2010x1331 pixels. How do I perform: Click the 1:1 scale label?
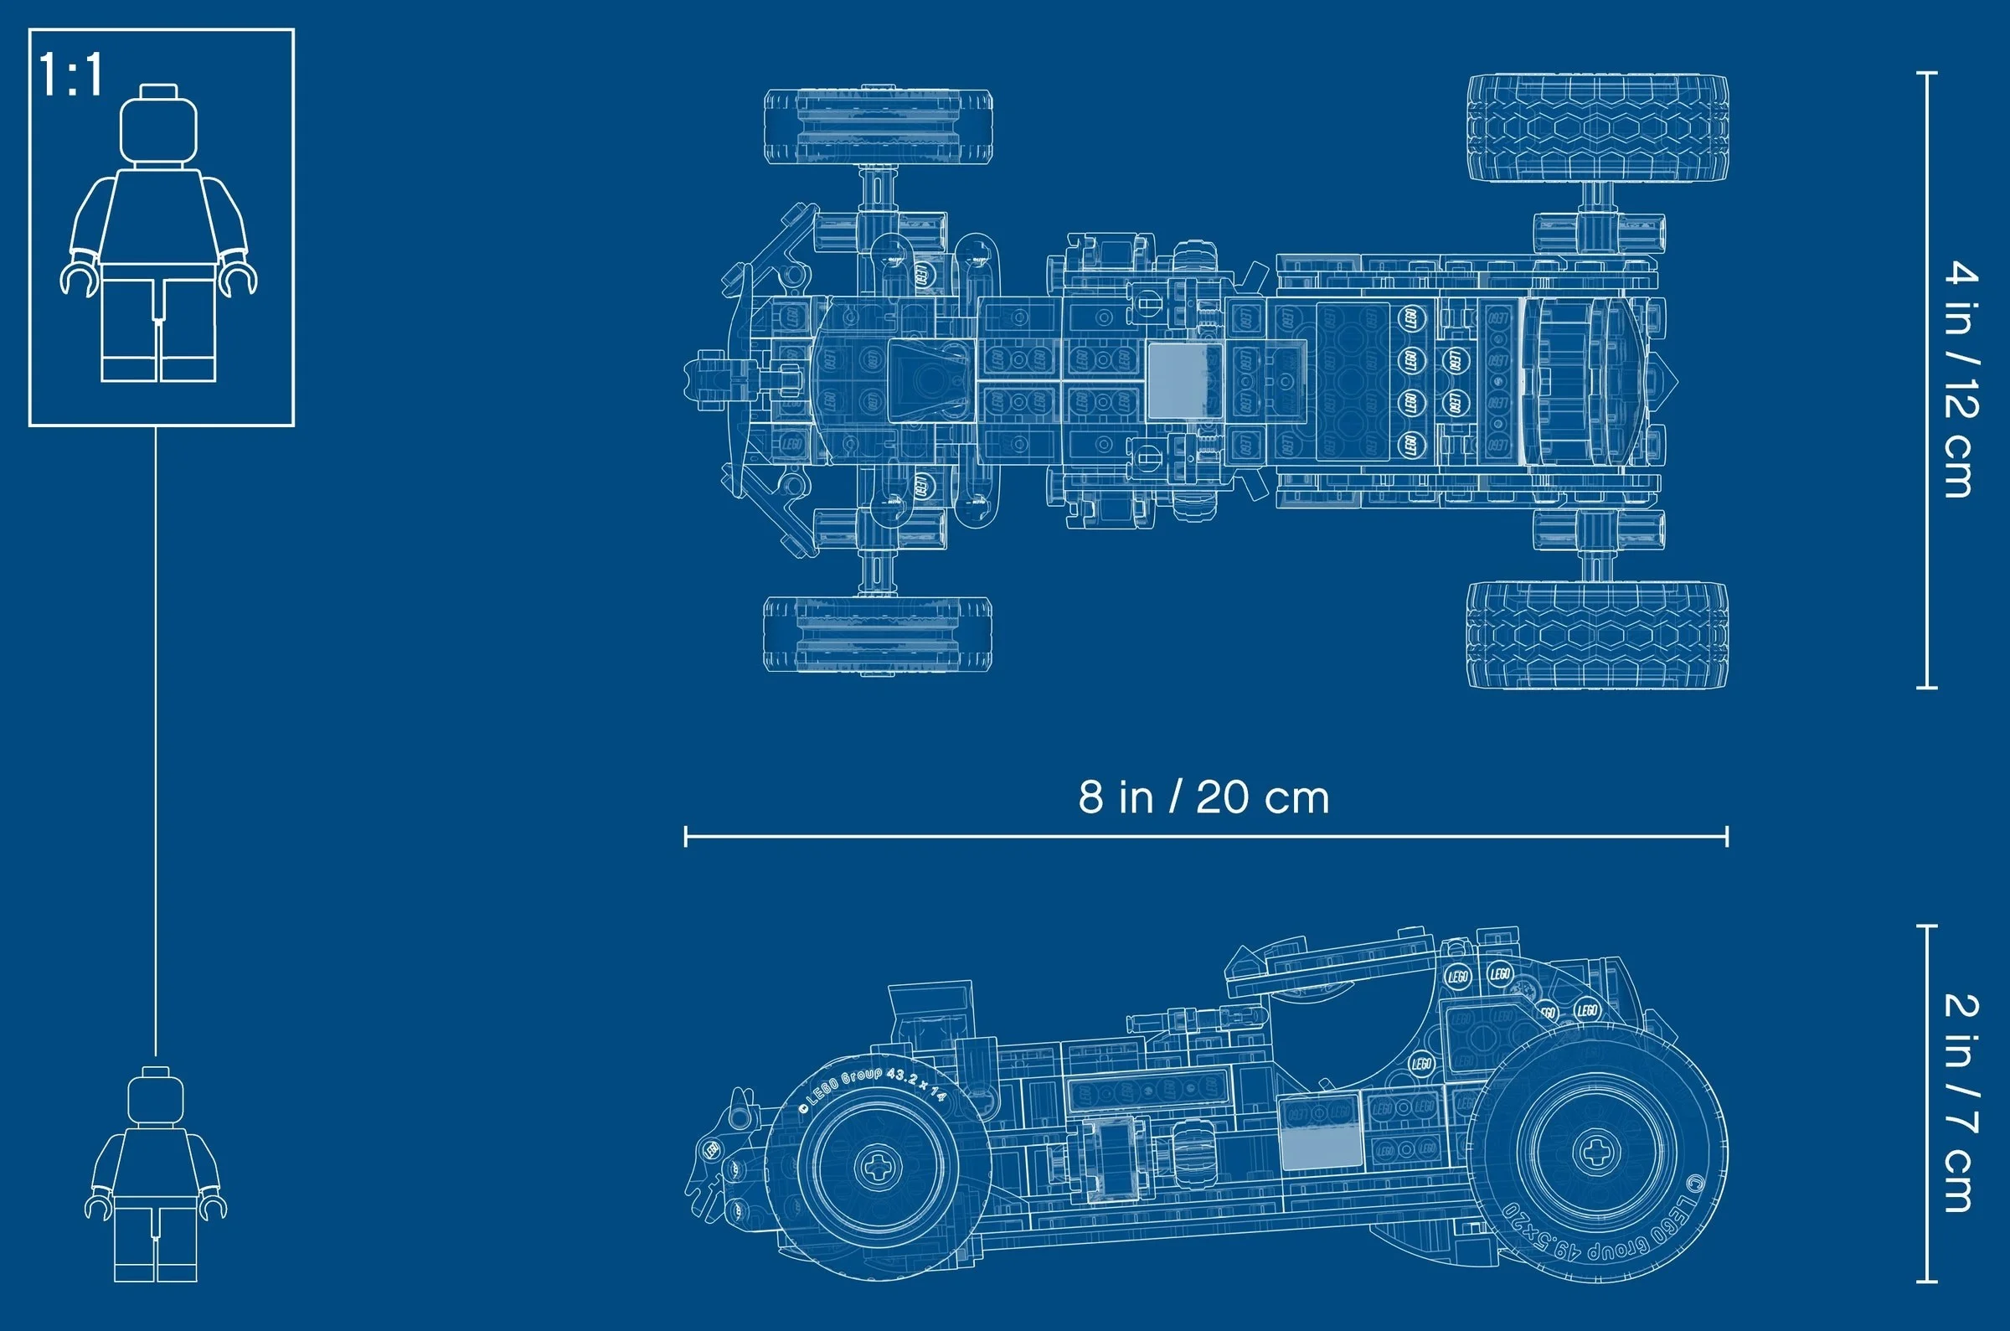[71, 75]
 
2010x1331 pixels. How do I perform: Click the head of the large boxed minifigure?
[158, 127]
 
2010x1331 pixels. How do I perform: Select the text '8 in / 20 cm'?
[1203, 798]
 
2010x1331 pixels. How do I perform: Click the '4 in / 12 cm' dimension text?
[1961, 379]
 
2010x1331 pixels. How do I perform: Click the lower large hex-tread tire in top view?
[1597, 635]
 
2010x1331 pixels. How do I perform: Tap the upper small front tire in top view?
[879, 126]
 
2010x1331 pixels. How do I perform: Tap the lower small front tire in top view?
[879, 634]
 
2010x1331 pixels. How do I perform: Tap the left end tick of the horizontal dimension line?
[686, 836]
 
